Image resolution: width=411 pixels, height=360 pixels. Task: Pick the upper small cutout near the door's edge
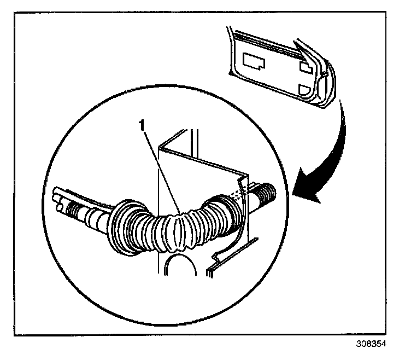(x=307, y=66)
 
